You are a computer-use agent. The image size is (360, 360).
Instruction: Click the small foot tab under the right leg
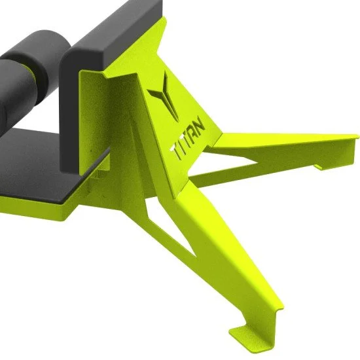click(321, 167)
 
